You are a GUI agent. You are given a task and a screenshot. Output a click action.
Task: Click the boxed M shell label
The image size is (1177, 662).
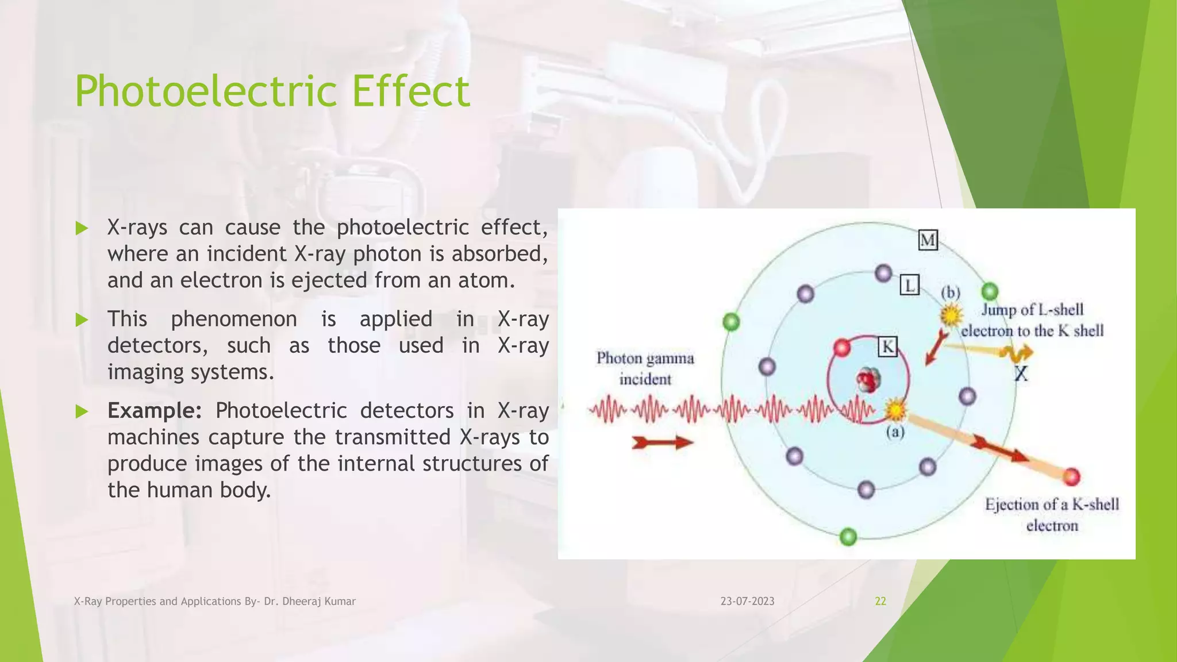click(928, 240)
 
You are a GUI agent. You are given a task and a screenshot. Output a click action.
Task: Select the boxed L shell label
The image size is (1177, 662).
click(909, 285)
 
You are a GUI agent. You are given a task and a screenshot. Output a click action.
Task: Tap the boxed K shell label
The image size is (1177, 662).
click(888, 347)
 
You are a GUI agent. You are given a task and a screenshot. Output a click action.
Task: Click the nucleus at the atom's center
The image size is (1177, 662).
click(868, 380)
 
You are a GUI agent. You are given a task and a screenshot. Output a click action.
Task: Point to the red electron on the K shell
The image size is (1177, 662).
click(842, 348)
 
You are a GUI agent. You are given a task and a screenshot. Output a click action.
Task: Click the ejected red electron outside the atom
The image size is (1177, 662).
click(1071, 476)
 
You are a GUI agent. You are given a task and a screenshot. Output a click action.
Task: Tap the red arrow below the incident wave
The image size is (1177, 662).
click(662, 442)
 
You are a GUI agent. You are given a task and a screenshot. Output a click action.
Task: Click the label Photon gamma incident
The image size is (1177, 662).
click(645, 368)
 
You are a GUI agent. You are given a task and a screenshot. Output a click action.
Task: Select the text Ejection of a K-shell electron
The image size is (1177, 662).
click(1052, 515)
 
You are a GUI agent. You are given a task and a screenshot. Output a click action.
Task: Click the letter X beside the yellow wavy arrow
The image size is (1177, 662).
click(1021, 374)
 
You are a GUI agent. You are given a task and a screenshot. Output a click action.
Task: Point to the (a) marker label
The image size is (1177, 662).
click(895, 432)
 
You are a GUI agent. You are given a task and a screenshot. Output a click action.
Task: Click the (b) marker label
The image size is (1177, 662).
click(951, 292)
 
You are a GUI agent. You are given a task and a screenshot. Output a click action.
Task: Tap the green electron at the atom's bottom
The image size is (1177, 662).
click(848, 537)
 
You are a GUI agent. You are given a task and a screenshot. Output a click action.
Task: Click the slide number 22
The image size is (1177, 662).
click(880, 601)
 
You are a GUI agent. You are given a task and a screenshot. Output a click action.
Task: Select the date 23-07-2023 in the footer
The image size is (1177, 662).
click(747, 601)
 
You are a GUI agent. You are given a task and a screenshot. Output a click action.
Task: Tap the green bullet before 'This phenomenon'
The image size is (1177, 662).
click(82, 320)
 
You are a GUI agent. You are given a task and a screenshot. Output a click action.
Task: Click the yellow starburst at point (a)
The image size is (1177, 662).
click(895, 410)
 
